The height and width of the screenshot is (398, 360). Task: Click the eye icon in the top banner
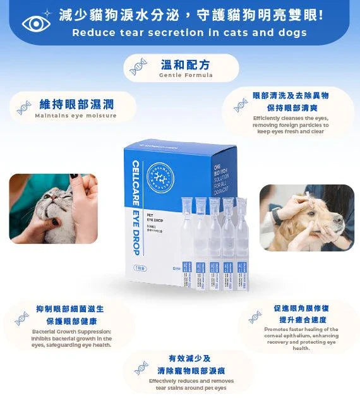click(37, 23)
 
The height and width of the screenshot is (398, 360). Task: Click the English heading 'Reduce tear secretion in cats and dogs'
click(189, 32)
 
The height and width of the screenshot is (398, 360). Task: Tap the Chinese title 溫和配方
click(186, 64)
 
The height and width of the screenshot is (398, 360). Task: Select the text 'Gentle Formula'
click(186, 75)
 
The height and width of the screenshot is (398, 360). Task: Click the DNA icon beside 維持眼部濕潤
click(24, 107)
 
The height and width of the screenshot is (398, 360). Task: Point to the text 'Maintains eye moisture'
click(76, 116)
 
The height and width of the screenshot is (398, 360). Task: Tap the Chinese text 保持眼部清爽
click(291, 107)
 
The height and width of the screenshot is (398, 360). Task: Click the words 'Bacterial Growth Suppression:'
click(71, 331)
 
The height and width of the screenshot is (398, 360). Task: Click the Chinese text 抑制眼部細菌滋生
click(70, 309)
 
